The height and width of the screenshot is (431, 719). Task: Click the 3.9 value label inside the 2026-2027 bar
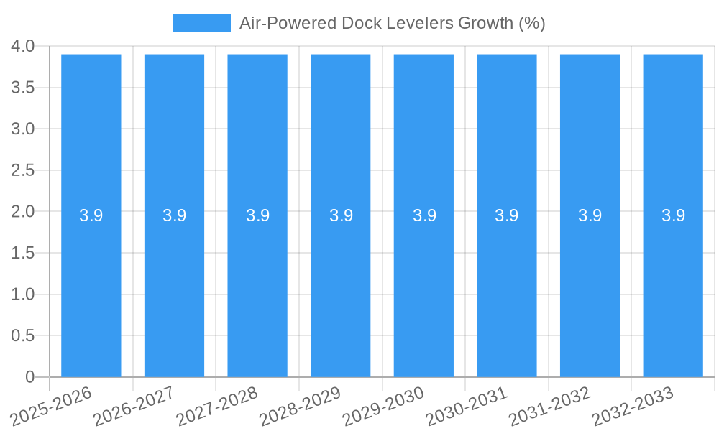pyautogui.click(x=175, y=215)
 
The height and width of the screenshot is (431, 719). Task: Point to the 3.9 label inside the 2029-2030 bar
pyautogui.click(x=424, y=215)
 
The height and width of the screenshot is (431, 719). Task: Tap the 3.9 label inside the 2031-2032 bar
pyautogui.click(x=590, y=215)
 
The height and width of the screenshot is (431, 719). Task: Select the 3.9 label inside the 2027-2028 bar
pyautogui.click(x=257, y=215)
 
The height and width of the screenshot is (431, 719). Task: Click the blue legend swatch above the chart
pyautogui.click(x=202, y=23)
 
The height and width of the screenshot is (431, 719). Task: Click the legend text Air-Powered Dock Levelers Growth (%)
pyautogui.click(x=392, y=23)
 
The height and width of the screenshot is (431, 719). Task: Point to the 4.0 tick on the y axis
pyautogui.click(x=23, y=47)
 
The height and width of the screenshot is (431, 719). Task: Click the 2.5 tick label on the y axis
pyautogui.click(x=23, y=170)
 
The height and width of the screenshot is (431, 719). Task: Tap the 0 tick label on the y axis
pyautogui.click(x=29, y=377)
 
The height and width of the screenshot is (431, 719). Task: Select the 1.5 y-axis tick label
pyautogui.click(x=23, y=253)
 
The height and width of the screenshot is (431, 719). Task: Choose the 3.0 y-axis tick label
pyautogui.click(x=23, y=129)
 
